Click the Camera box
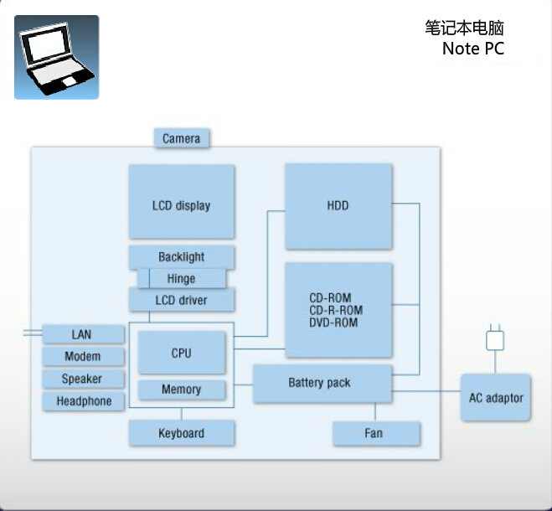(182, 138)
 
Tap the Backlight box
(182, 256)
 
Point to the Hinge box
(182, 278)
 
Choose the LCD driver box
(182, 300)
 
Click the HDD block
(338, 206)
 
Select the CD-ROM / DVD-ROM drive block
(338, 310)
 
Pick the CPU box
(182, 353)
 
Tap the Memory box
(182, 390)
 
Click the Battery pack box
(322, 384)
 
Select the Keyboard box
(182, 433)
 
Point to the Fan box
(375, 433)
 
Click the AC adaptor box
(495, 397)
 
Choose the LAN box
(82, 335)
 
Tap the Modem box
(82, 357)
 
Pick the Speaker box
(82, 379)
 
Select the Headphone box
(82, 401)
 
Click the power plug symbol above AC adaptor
(496, 339)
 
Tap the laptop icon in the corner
(56, 57)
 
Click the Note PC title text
(473, 49)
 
